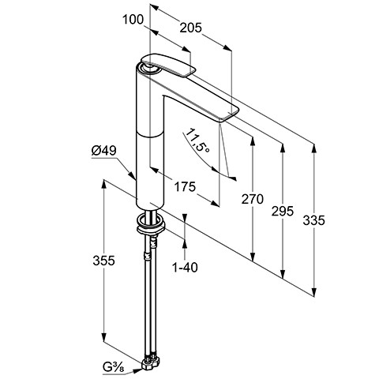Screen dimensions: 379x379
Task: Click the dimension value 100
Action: (x=133, y=20)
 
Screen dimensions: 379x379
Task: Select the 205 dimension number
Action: (x=191, y=28)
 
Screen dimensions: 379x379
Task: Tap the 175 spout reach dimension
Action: (x=186, y=187)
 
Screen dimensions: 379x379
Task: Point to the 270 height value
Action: (x=253, y=199)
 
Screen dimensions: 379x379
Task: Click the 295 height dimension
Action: (x=283, y=211)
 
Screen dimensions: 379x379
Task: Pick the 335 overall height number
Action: (x=313, y=220)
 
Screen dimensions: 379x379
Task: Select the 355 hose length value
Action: (x=103, y=261)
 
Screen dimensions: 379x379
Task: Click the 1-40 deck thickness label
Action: (x=185, y=268)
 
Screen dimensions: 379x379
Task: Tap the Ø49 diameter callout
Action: (x=104, y=151)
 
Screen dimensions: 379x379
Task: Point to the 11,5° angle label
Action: (x=197, y=141)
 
